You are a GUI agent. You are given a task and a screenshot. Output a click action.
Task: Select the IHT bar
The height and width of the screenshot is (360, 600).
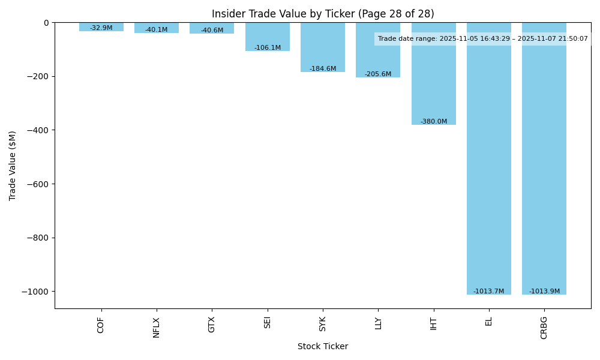point(434,78)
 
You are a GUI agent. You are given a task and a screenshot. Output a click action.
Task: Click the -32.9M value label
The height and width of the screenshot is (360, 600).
point(101,28)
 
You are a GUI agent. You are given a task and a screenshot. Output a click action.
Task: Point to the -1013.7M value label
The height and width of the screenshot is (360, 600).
point(488,292)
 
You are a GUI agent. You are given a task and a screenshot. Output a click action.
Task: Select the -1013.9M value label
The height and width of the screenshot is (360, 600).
point(544,292)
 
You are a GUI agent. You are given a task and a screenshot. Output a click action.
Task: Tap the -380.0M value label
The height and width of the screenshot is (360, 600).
point(434,121)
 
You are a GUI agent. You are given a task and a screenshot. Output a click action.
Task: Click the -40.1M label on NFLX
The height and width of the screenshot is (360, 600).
point(157,30)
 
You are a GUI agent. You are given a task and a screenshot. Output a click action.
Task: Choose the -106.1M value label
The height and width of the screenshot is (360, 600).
point(268,48)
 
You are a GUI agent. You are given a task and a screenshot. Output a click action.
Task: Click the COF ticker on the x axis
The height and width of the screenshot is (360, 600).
point(101,325)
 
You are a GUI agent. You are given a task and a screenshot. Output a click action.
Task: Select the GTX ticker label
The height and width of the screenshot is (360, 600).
point(212,325)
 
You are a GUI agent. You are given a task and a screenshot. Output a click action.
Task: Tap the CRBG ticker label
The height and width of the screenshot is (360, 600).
point(544,328)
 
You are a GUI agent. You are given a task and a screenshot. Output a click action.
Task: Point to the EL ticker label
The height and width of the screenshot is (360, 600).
point(489,321)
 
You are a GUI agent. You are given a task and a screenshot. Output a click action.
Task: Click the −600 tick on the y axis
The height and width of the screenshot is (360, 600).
point(37,184)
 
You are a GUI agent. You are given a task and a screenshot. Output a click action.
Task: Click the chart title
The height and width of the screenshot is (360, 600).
point(323,14)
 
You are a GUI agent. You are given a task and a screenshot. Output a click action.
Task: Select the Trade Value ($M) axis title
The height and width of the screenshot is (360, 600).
point(13,166)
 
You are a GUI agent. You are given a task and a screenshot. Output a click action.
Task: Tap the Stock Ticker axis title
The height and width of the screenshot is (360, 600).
point(323,346)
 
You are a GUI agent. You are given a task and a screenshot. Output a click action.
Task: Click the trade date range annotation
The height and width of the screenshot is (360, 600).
point(482,39)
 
